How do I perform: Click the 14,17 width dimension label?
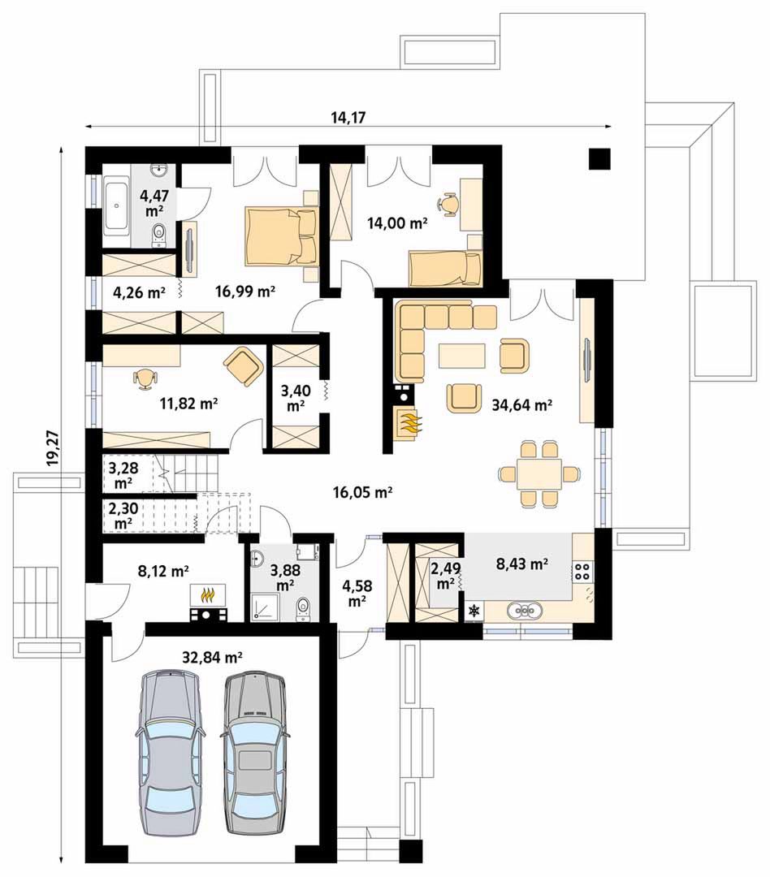click(348, 118)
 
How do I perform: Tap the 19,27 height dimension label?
click(53, 447)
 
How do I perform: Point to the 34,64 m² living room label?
click(522, 405)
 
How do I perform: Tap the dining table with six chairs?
click(539, 473)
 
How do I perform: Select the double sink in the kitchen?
click(525, 611)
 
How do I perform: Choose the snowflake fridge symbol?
click(474, 611)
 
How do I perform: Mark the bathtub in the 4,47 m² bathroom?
click(116, 206)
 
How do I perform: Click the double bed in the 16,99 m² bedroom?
click(281, 236)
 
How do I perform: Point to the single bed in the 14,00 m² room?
click(444, 269)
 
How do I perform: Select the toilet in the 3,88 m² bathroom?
click(303, 608)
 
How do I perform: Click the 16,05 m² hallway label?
click(362, 492)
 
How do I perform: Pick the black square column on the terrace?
click(599, 159)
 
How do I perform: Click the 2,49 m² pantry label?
click(445, 576)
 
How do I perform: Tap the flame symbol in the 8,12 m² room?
click(208, 594)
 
